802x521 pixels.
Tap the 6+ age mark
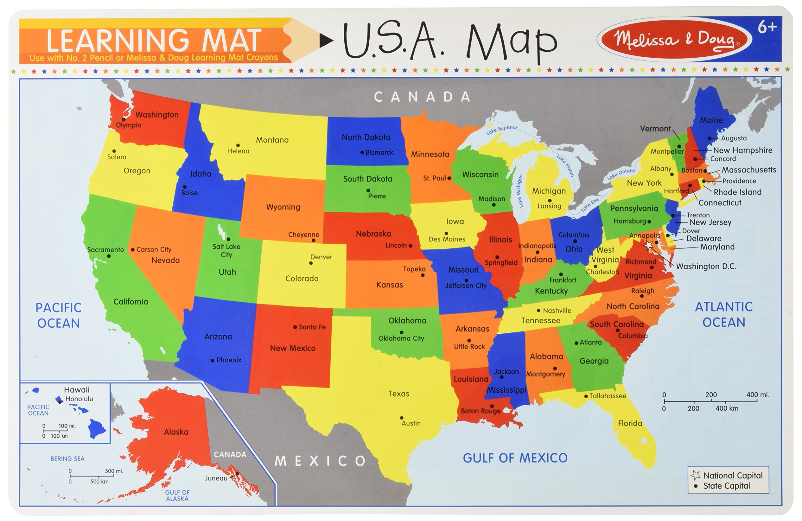click(767, 27)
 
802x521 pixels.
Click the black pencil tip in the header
click(326, 41)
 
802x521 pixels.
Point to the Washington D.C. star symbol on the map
click(649, 245)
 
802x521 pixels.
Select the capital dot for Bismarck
click(362, 153)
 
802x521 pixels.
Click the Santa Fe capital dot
click(295, 327)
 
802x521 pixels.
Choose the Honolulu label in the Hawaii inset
click(79, 399)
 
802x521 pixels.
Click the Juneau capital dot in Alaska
click(237, 473)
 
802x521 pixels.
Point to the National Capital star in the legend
click(695, 475)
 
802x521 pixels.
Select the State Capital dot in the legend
click(695, 486)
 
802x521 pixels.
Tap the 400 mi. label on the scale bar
click(758, 395)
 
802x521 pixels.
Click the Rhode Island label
click(737, 192)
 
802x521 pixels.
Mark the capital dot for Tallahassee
click(586, 396)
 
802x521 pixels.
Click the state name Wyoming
click(283, 207)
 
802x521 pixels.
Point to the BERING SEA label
click(67, 459)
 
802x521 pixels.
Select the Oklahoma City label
click(401, 338)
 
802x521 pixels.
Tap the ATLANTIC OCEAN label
click(723, 315)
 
